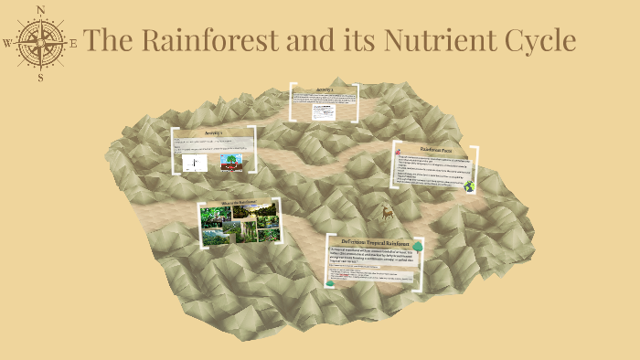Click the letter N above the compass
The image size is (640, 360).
pos(41,9)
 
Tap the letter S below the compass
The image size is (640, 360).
pos(41,78)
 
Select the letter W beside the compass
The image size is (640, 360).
pos(7,43)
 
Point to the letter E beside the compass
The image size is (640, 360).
pos(74,43)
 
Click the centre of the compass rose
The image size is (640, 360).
pos(41,43)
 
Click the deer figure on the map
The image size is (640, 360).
pos(387,213)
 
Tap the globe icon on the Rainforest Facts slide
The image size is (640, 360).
pos(470,185)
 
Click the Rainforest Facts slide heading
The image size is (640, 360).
pos(437,148)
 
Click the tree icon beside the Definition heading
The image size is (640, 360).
pos(417,246)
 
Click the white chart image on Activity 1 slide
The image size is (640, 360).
pos(195,163)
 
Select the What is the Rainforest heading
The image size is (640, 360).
pos(237,202)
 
